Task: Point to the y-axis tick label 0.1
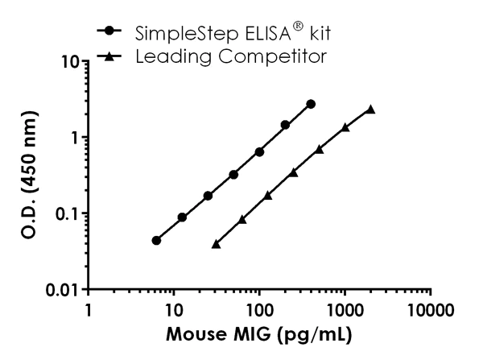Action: [x=64, y=213]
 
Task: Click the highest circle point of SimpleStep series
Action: [x=311, y=104]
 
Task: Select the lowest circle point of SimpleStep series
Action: [x=156, y=240]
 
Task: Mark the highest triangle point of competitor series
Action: [x=370, y=109]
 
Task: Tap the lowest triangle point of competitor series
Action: [x=216, y=243]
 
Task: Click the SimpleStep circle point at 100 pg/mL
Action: [x=259, y=151]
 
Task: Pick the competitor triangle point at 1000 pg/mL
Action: [x=345, y=127]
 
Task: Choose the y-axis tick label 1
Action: [x=75, y=137]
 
